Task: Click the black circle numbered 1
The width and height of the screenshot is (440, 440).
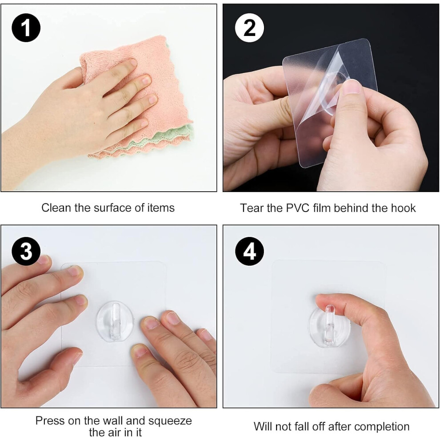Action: coord(26,28)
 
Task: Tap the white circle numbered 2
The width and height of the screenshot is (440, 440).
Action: coord(249,28)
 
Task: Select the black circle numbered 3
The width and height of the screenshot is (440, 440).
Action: coord(26,251)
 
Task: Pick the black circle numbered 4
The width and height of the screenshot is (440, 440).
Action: coord(249,251)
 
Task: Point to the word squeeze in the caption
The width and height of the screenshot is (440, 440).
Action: coord(170,421)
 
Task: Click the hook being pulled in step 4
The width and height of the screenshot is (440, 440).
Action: coord(329,325)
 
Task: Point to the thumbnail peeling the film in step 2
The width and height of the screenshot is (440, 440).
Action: coord(352,87)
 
